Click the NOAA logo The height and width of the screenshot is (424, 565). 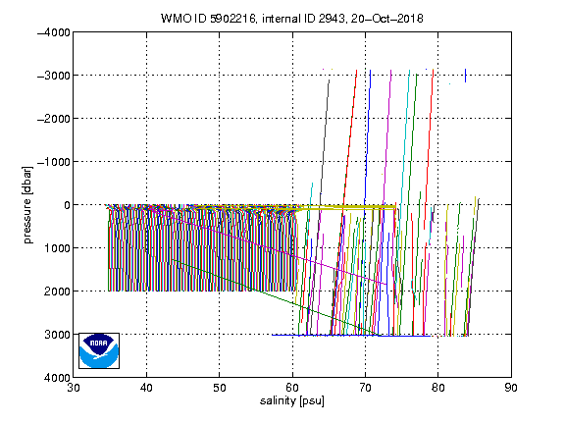pyautogui.click(x=99, y=350)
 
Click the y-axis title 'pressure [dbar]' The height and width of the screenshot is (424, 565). pyautogui.click(x=27, y=205)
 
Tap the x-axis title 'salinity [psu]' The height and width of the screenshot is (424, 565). pyautogui.click(x=292, y=400)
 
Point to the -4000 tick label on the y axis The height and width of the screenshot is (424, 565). pyautogui.click(x=54, y=32)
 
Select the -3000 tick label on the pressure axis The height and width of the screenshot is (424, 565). pyautogui.click(x=54, y=76)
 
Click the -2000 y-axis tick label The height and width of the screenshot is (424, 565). pyautogui.click(x=54, y=119)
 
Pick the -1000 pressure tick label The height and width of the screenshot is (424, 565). pyautogui.click(x=54, y=162)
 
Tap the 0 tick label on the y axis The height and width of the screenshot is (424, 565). pyautogui.click(x=67, y=205)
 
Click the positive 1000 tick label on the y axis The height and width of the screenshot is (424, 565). pyautogui.click(x=57, y=248)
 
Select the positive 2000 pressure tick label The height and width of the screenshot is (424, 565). pyautogui.click(x=57, y=291)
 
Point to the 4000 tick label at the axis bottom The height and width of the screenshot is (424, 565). pyautogui.click(x=57, y=378)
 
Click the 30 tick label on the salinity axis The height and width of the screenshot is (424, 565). pyautogui.click(x=74, y=388)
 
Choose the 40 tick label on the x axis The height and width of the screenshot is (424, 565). pyautogui.click(x=147, y=388)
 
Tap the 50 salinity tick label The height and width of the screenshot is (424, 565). pyautogui.click(x=220, y=388)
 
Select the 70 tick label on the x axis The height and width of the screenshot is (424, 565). pyautogui.click(x=365, y=388)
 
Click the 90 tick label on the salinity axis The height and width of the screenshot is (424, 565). pyautogui.click(x=511, y=388)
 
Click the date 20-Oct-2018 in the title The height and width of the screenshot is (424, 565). pyautogui.click(x=387, y=18)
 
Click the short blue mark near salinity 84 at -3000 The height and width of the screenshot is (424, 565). pyautogui.click(x=465, y=76)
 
